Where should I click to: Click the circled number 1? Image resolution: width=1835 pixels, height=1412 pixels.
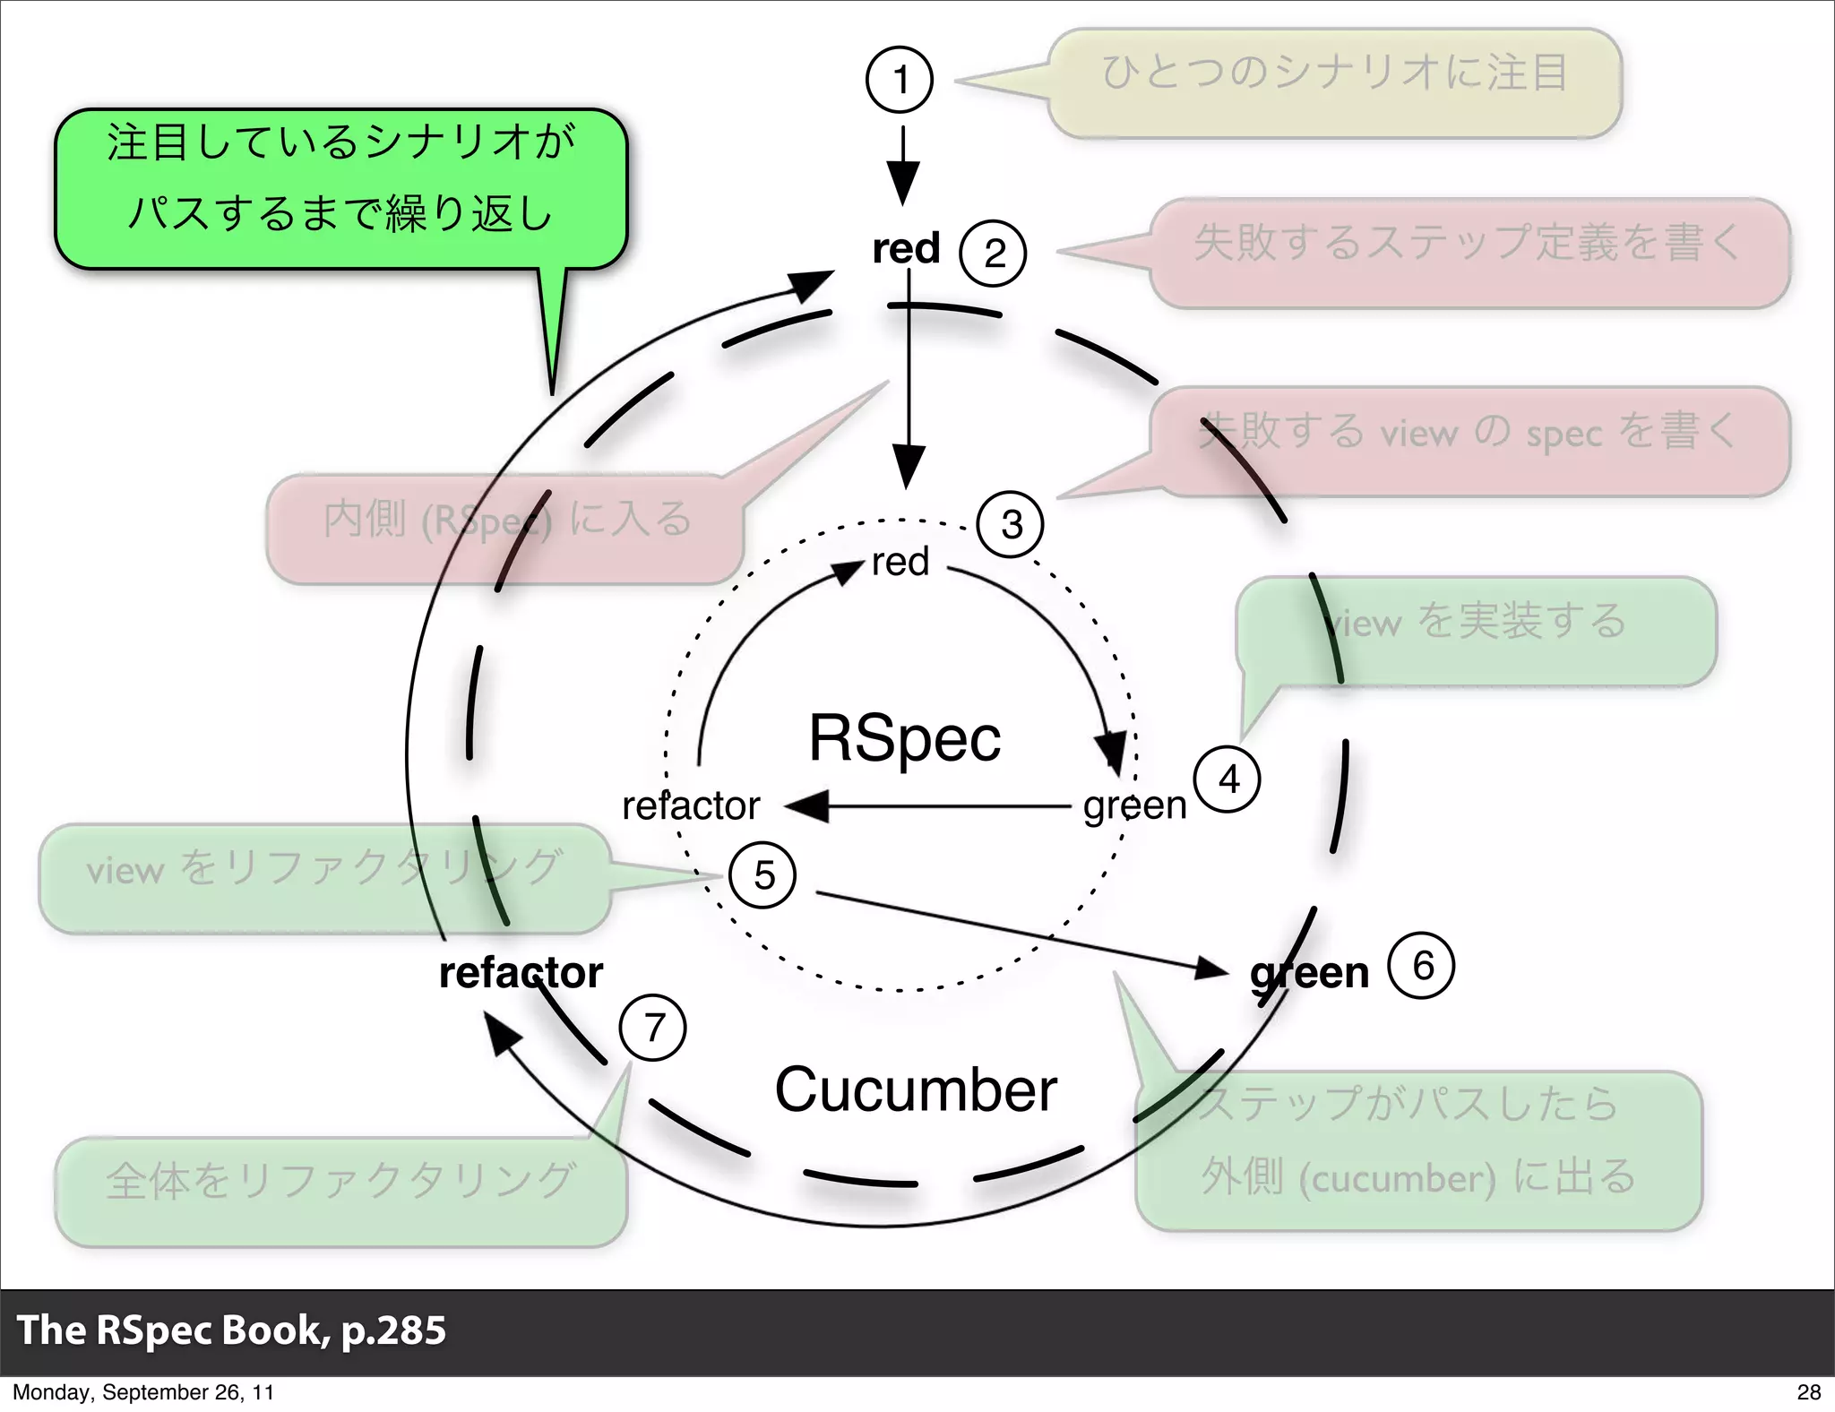coord(900,80)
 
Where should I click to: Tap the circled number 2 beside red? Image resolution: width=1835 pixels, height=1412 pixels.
coord(993,254)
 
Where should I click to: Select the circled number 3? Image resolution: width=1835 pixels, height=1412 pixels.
coord(1011,524)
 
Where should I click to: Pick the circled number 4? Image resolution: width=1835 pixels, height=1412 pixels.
coord(1228,779)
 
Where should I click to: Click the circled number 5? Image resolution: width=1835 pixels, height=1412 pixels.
coord(763,875)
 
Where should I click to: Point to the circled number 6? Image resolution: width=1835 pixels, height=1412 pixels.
coord(1421,966)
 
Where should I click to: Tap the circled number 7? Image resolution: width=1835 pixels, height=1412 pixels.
coord(653,1028)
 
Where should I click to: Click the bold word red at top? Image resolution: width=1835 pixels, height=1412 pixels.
coord(906,248)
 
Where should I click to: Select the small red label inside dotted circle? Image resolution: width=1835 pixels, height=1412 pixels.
coord(900,563)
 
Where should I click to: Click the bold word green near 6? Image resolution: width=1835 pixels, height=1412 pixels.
coord(1309,973)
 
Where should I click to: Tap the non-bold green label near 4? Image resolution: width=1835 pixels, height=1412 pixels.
coord(1134,805)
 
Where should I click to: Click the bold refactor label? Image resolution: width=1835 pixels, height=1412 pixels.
coord(521,973)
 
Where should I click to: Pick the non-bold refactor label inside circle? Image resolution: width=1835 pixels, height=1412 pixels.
coord(691,805)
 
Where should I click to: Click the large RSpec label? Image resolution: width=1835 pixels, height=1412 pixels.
coord(904,738)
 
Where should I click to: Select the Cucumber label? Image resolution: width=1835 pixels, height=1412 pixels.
coord(916,1090)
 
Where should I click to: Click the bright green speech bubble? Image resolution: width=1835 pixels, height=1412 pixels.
coord(340,189)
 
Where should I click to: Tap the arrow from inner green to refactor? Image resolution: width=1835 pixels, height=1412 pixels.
coord(932,806)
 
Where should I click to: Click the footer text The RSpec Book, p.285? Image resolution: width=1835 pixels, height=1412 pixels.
coord(231,1330)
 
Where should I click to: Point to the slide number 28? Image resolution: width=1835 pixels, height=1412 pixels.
coord(1808,1392)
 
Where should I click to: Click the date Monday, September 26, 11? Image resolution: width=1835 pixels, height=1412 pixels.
coord(143,1392)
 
